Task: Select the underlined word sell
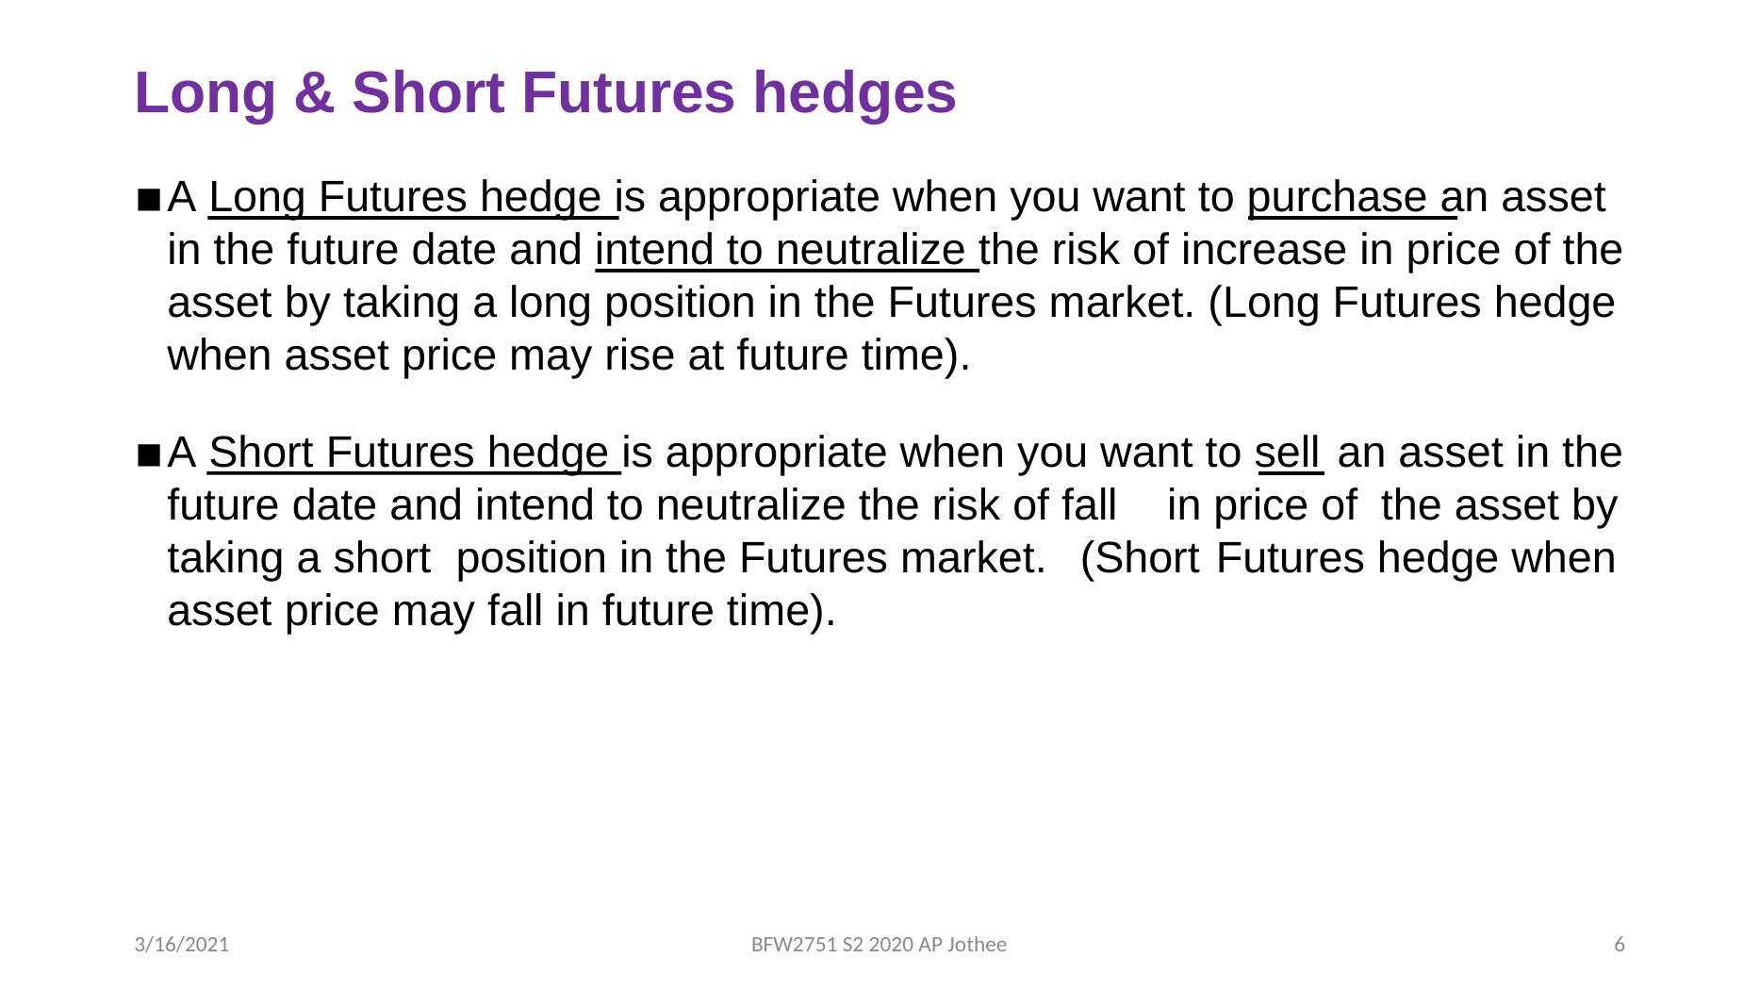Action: coord(1287,453)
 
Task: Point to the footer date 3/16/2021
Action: coord(182,945)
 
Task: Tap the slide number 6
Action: coord(1620,945)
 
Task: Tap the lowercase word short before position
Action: coord(382,558)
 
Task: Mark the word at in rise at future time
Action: coord(706,356)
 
